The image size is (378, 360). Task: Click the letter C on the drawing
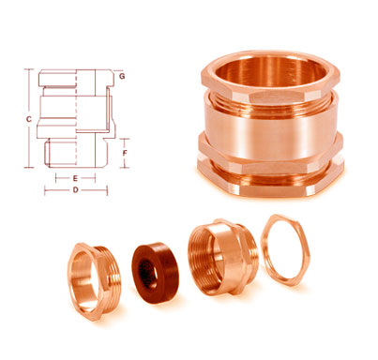pyautogui.click(x=30, y=119)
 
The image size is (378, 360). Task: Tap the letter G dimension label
pyautogui.click(x=123, y=75)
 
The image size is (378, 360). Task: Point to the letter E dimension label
pyautogui.click(x=74, y=176)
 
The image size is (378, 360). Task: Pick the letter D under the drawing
pyautogui.click(x=74, y=190)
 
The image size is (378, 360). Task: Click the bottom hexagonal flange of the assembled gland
pyautogui.click(x=270, y=173)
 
